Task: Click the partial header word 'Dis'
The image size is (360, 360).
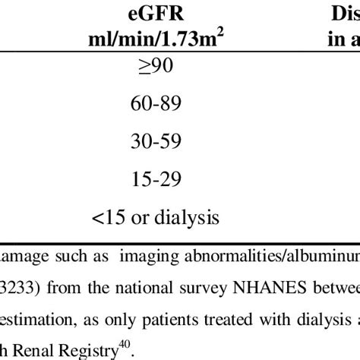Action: tap(346, 14)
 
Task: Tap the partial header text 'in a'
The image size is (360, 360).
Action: tap(344, 39)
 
